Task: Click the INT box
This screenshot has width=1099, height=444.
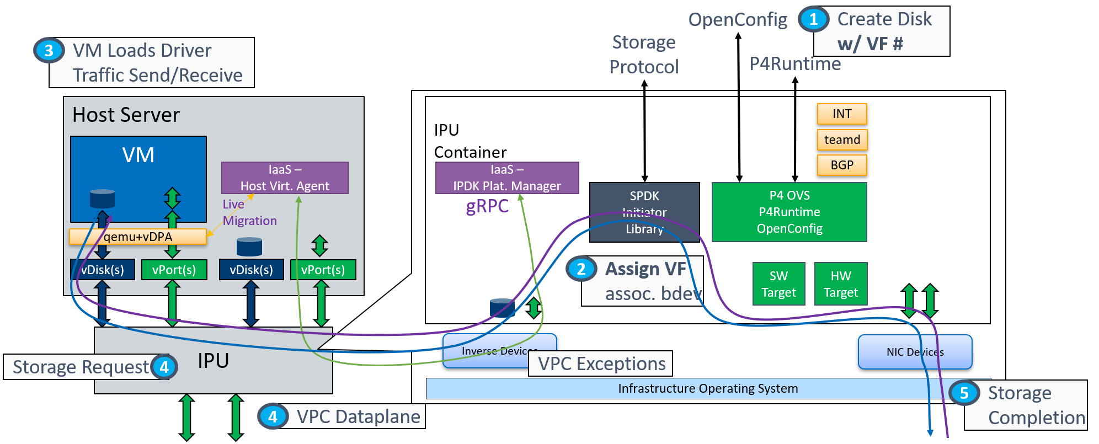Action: click(x=841, y=114)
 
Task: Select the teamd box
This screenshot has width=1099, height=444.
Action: click(x=842, y=140)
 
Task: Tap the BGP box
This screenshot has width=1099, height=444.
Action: click(x=842, y=165)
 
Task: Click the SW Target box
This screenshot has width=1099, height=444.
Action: click(x=778, y=284)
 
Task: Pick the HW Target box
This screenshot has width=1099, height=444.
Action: click(x=840, y=284)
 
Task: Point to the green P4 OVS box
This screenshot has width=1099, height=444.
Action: click(x=789, y=212)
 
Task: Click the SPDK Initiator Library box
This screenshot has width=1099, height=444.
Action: click(x=644, y=212)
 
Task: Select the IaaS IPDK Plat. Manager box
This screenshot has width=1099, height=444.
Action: click(x=506, y=178)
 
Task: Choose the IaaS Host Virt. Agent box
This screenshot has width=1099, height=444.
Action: click(x=285, y=178)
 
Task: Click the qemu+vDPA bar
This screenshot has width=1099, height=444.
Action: click(x=138, y=237)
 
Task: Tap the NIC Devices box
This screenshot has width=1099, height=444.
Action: click(x=915, y=352)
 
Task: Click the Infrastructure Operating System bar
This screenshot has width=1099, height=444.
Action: click(x=707, y=388)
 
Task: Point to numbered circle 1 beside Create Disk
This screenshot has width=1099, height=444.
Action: click(x=813, y=19)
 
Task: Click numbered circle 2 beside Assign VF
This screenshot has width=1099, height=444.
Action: click(x=581, y=269)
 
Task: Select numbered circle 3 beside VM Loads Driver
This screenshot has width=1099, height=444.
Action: click(x=49, y=50)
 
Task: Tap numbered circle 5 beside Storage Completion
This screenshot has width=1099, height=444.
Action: click(x=964, y=393)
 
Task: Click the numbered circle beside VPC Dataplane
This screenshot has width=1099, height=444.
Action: click(x=273, y=416)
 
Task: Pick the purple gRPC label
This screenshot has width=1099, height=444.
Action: click(x=487, y=206)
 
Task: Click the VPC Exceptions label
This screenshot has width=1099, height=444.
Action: click(x=601, y=363)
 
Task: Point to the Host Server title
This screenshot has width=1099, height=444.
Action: click(x=126, y=115)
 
